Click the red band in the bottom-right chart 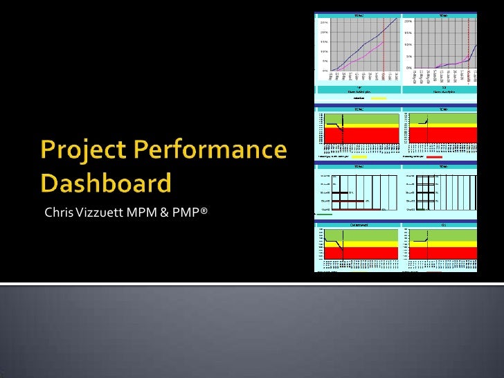[x=443, y=254]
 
